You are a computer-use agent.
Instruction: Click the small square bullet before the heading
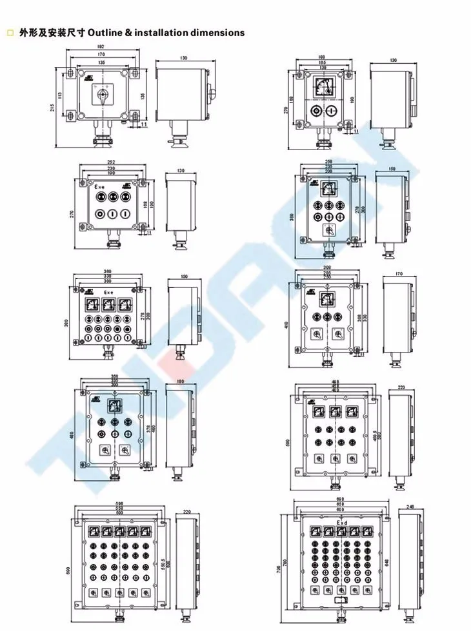pos(9,32)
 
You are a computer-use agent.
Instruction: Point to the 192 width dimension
pos(101,47)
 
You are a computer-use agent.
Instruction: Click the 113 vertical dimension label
pos(59,95)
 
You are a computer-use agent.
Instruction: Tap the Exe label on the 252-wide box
pos(101,187)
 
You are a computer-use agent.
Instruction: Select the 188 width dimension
pos(321,57)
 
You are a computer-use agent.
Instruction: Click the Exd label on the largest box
pos(342,522)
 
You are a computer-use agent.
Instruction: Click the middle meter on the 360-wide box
pos(107,304)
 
